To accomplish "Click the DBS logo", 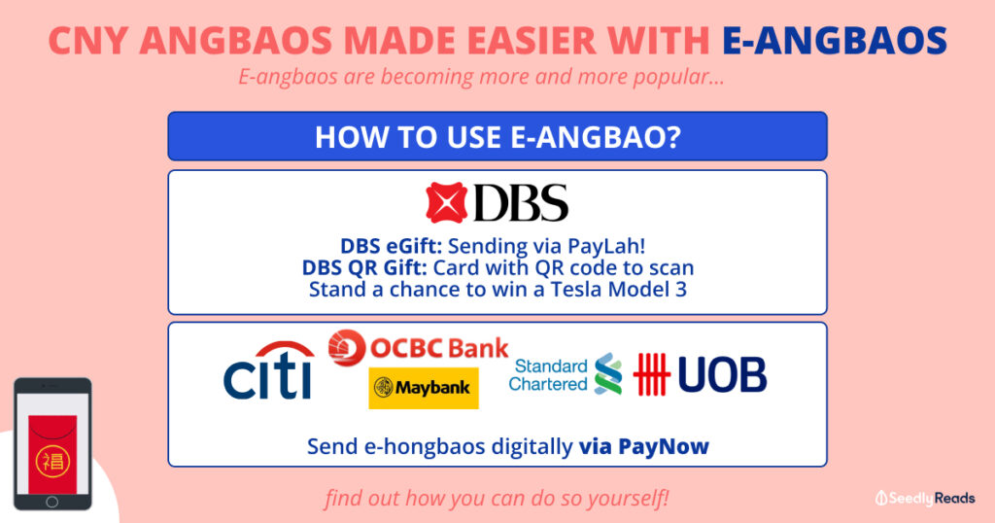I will tap(497, 202).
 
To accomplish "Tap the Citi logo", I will tap(268, 370).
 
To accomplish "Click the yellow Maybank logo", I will tap(424, 388).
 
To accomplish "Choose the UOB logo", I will tap(700, 374).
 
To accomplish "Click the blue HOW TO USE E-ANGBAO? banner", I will tap(497, 136).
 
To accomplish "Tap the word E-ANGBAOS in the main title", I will tap(835, 41).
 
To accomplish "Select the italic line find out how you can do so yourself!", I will tap(497, 500).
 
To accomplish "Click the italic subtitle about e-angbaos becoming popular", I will tap(481, 78).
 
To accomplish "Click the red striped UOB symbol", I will tap(652, 374).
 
